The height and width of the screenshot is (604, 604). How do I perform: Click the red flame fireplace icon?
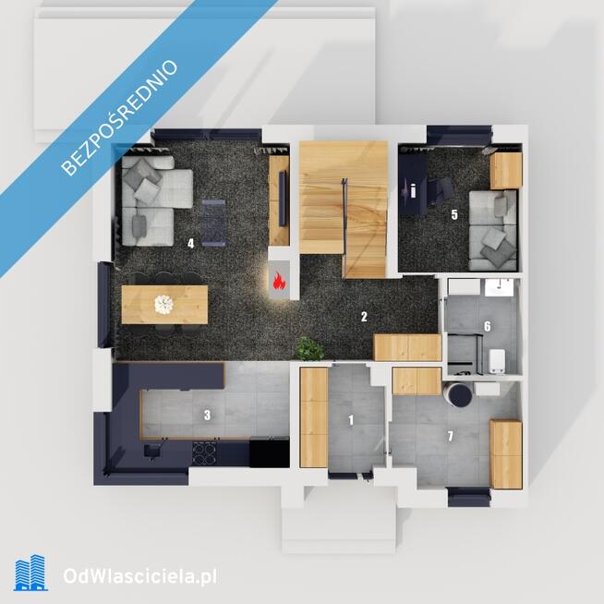tap(279, 281)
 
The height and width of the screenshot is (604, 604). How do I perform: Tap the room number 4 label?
tap(190, 244)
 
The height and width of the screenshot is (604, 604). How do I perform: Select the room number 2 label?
tap(364, 317)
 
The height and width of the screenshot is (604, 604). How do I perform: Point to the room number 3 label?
tap(207, 416)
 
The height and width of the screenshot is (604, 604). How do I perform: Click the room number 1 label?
tap(351, 420)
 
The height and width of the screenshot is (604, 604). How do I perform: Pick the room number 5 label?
tap(454, 215)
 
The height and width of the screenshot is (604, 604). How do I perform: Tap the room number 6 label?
tap(488, 327)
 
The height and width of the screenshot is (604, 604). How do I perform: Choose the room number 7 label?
tap(450, 437)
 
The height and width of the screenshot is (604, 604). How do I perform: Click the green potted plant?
tap(310, 348)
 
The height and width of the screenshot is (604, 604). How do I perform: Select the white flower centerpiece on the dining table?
tap(163, 305)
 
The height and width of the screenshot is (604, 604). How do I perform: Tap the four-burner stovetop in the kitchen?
tap(204, 453)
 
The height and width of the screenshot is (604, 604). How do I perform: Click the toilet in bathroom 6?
tap(497, 361)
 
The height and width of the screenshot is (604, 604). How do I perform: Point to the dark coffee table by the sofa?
tap(213, 223)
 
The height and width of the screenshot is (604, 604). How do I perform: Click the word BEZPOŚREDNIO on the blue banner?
tap(120, 117)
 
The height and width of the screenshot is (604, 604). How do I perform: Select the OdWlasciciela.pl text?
tap(139, 576)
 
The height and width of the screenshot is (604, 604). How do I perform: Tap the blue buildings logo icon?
tap(30, 573)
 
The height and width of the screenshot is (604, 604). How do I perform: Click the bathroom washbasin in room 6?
tap(500, 288)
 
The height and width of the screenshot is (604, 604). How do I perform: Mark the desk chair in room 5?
tap(441, 190)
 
